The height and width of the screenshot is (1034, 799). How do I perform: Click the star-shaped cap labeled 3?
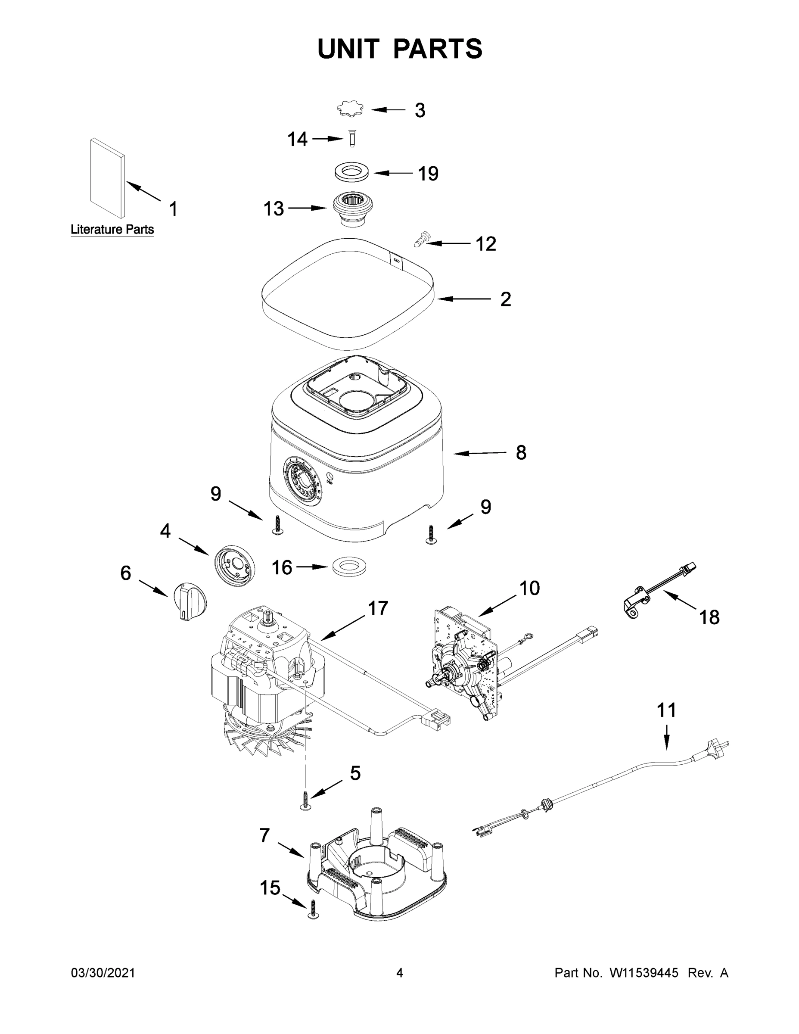[350, 109]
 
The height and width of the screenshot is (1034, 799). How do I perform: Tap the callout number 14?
[297, 139]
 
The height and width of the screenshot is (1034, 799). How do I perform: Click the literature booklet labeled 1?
[109, 178]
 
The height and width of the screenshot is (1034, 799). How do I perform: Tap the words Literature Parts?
[112, 230]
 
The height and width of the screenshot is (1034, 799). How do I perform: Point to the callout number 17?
[378, 608]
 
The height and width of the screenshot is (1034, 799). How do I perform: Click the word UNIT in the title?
[348, 49]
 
